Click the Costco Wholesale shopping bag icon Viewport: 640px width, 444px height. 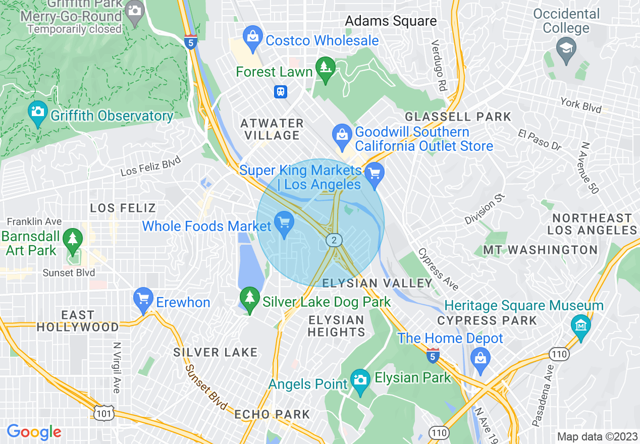point(251,37)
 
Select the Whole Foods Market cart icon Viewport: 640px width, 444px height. point(284,224)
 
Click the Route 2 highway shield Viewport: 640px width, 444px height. point(334,240)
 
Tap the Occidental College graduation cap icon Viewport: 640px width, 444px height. point(566,48)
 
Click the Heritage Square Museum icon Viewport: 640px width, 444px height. point(580,325)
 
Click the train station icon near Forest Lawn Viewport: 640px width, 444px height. point(281,91)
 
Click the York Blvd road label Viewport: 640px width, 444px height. point(580,105)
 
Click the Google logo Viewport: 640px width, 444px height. point(34,432)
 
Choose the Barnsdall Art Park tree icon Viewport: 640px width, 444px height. point(73,241)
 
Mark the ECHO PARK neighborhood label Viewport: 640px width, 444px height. point(272,415)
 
